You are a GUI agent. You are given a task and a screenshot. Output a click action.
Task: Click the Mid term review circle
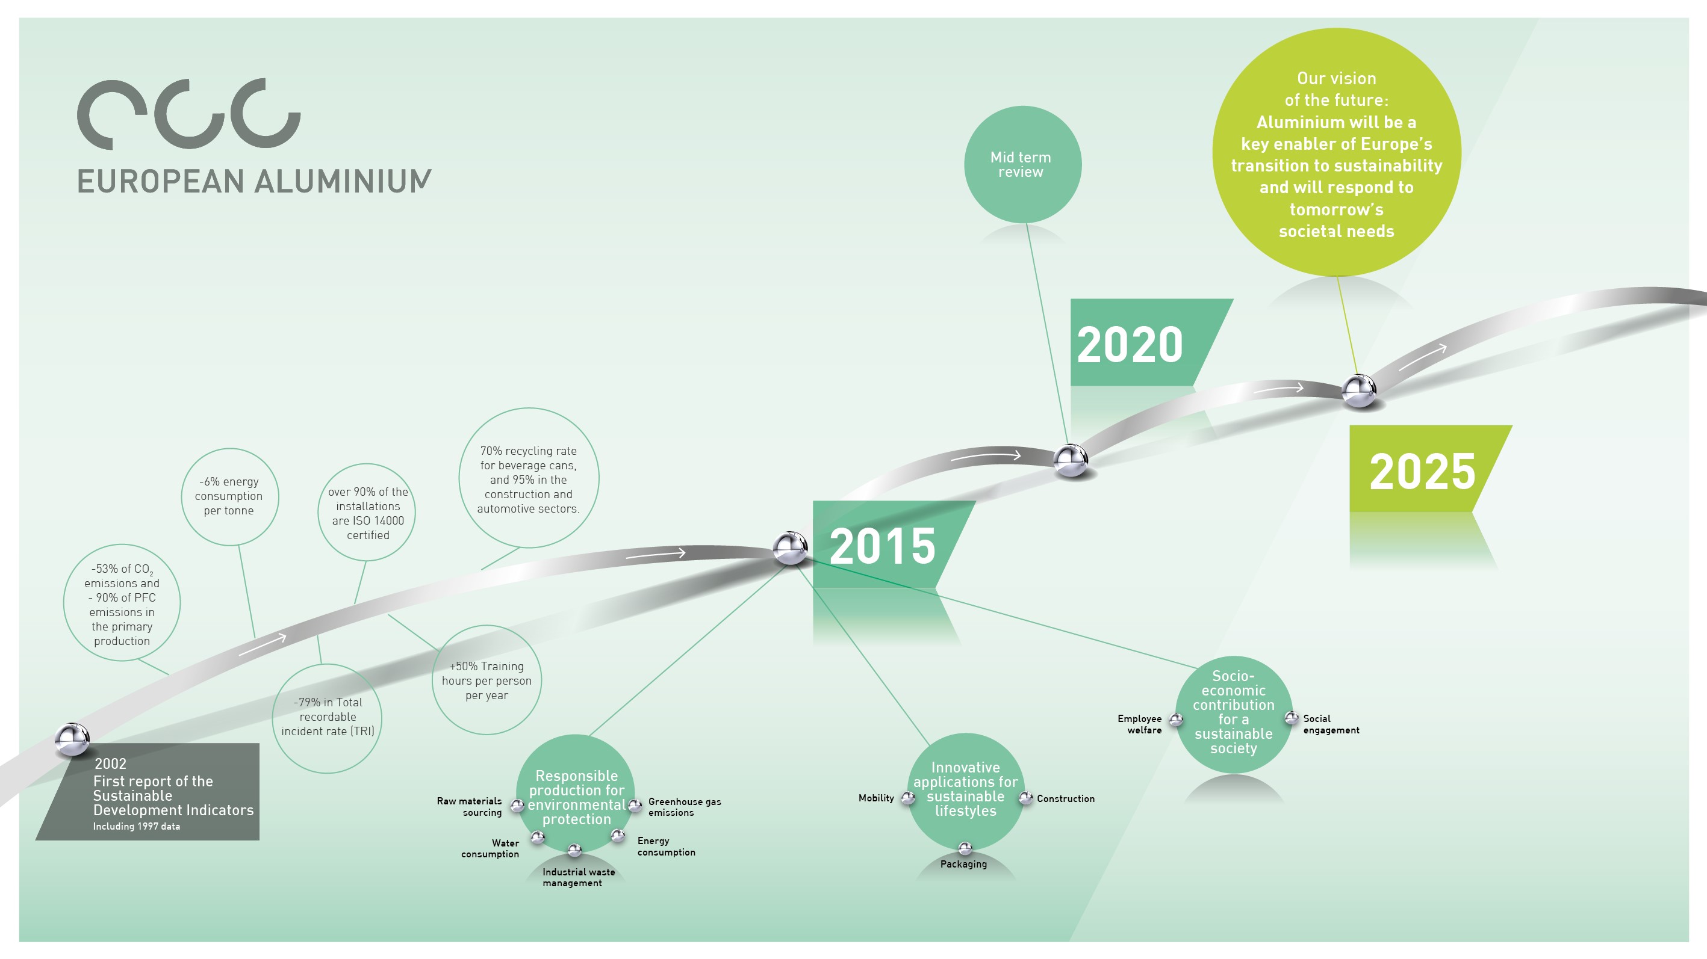click(1022, 164)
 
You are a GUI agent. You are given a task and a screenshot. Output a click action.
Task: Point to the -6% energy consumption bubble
click(229, 496)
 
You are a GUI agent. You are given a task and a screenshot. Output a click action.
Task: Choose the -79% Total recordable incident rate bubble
click(328, 717)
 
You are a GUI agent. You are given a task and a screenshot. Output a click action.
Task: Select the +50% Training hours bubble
click(487, 680)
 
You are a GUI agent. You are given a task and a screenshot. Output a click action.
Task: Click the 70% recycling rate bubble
click(528, 478)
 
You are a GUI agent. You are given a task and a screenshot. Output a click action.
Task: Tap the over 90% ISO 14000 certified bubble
click(367, 513)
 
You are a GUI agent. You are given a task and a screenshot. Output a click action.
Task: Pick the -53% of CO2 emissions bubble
click(122, 603)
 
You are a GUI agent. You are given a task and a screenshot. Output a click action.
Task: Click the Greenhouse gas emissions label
click(684, 807)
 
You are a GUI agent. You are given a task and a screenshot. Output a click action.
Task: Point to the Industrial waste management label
click(578, 878)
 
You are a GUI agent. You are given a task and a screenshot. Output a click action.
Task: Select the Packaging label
click(963, 865)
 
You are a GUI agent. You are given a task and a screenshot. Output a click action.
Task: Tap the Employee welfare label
click(1140, 724)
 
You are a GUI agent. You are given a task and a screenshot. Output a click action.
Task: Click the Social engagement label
click(1330, 724)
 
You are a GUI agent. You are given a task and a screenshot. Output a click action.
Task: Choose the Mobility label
click(876, 798)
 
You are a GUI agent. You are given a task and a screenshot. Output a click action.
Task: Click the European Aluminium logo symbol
click(189, 114)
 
